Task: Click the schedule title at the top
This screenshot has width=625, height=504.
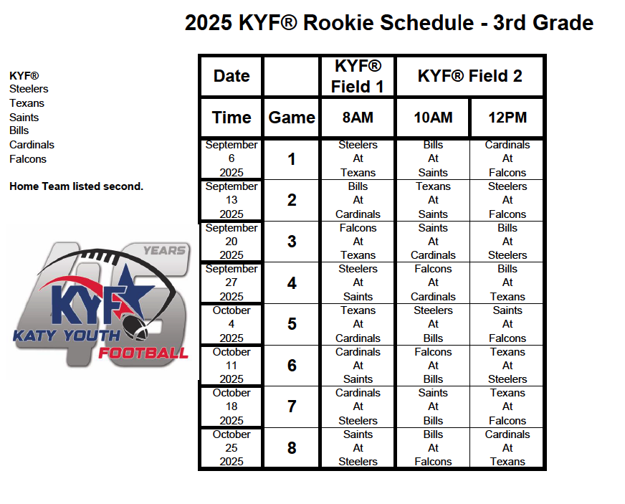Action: click(x=389, y=23)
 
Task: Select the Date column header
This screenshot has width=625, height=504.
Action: click(x=232, y=76)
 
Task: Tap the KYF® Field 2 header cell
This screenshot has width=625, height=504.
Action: click(x=470, y=76)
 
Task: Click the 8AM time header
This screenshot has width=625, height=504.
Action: click(x=358, y=118)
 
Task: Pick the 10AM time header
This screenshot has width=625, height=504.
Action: click(x=434, y=118)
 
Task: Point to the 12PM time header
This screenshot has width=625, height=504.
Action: click(x=507, y=118)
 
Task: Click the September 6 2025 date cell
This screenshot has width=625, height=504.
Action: click(x=232, y=158)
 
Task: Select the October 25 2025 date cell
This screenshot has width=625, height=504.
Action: click(x=232, y=448)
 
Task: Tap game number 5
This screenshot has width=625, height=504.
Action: click(x=292, y=324)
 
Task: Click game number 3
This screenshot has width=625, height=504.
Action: click(x=292, y=242)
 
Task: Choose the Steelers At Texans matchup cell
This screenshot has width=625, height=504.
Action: click(x=358, y=158)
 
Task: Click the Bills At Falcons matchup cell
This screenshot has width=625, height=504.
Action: click(x=434, y=448)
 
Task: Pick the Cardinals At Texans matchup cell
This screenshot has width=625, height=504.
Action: click(x=507, y=448)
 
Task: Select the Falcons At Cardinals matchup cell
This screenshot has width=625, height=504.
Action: click(x=434, y=282)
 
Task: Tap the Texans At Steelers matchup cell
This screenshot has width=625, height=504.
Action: click(x=507, y=365)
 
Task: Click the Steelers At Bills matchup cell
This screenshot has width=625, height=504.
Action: click(x=434, y=324)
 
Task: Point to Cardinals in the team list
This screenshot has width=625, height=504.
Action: click(x=32, y=145)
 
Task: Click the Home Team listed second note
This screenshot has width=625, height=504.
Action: click(x=76, y=186)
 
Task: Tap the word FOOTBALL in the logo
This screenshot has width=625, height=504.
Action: click(x=143, y=353)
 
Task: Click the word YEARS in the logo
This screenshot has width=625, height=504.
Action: click(x=165, y=250)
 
